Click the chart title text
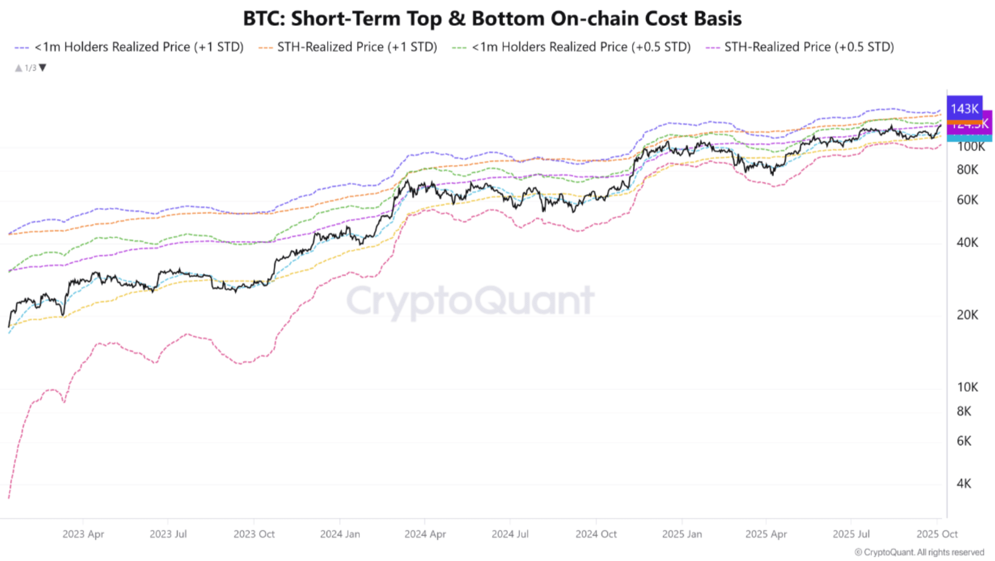(x=492, y=18)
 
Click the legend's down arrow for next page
(x=43, y=68)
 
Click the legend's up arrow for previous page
(x=18, y=68)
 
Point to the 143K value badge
(x=964, y=108)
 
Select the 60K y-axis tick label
(x=967, y=200)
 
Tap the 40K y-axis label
(x=967, y=242)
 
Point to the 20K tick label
(x=967, y=315)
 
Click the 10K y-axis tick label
(x=967, y=387)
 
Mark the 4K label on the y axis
(x=964, y=483)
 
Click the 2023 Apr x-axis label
(x=83, y=534)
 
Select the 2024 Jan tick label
(x=340, y=534)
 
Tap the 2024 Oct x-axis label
(x=596, y=534)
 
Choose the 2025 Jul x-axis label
(x=851, y=534)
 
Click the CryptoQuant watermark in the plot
(x=470, y=301)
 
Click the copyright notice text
(x=919, y=552)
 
